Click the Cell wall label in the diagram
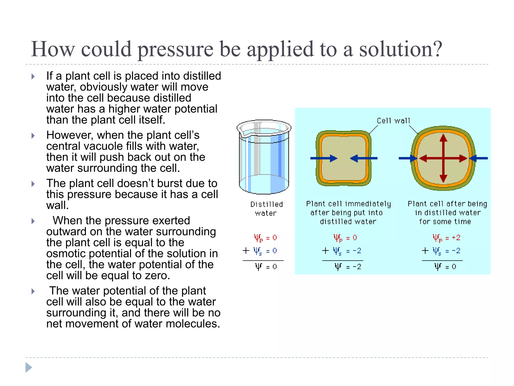(x=393, y=121)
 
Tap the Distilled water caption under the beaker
(x=266, y=209)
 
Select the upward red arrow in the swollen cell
(x=443, y=143)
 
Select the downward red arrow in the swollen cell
(x=443, y=173)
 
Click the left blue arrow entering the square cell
(x=324, y=158)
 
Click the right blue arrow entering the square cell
(x=364, y=158)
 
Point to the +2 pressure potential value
(x=456, y=238)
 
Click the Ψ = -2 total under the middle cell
(x=348, y=267)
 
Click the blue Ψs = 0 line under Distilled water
(x=265, y=251)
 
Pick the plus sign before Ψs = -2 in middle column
(x=326, y=251)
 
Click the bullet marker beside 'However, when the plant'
(x=33, y=136)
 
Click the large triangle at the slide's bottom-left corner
(x=29, y=368)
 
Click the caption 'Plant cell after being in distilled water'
(x=447, y=213)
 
